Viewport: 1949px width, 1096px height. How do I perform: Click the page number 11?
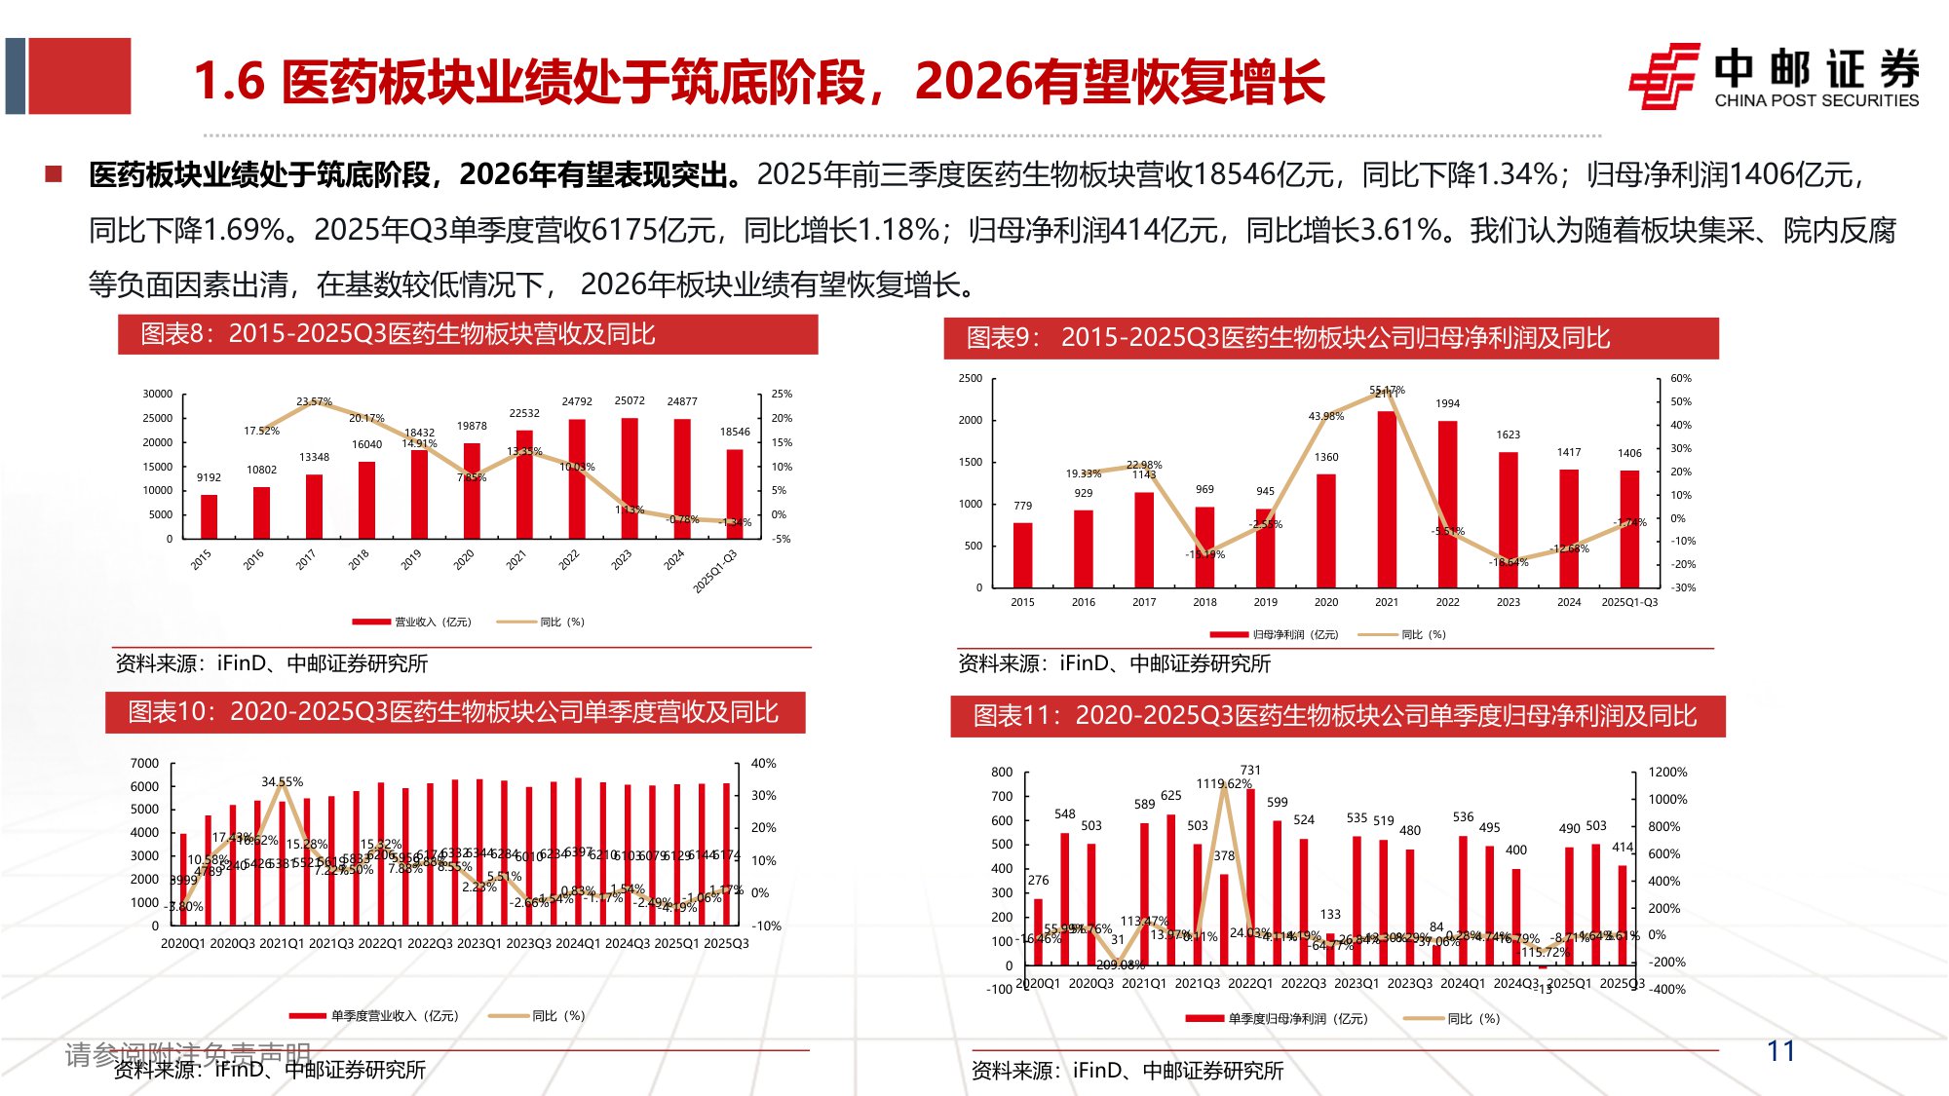tap(1780, 1050)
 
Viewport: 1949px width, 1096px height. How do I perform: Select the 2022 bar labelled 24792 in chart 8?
tap(577, 477)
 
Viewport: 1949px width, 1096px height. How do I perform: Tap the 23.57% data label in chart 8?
tap(314, 401)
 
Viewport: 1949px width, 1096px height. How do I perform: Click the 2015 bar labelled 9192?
tap(209, 515)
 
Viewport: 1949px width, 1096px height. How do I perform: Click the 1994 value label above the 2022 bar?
tap(1447, 403)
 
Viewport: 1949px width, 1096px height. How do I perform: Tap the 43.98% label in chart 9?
tap(1325, 416)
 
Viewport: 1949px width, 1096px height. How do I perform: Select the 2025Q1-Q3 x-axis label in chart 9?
tap(1628, 602)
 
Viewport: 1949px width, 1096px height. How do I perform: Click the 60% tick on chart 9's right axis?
tap(1681, 378)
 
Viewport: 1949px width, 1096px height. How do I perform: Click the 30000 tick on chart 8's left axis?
tap(158, 394)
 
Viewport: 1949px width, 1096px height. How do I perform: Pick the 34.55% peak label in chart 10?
tap(282, 781)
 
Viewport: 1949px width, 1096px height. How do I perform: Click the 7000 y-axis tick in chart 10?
tap(144, 763)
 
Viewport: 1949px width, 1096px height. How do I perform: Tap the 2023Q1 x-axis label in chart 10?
tap(478, 943)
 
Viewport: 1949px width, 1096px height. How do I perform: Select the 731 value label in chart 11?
tap(1250, 770)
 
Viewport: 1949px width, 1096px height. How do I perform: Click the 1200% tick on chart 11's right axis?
tap(1667, 772)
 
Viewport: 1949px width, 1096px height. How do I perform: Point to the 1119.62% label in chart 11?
tap(1223, 783)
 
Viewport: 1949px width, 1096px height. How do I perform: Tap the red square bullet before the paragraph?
tap(54, 174)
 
